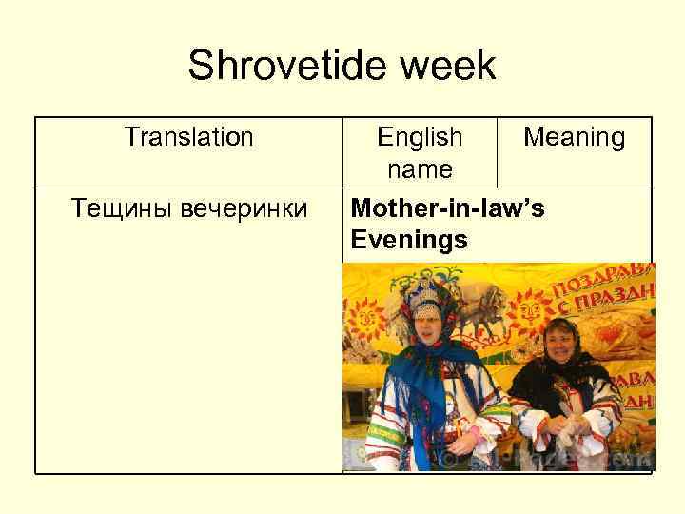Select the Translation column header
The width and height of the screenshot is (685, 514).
point(189,138)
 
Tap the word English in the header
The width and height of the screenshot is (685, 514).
point(420,138)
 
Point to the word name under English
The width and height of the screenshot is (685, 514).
point(420,169)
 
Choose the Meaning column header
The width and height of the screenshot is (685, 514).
point(575,138)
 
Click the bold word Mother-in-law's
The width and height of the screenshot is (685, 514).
point(448,208)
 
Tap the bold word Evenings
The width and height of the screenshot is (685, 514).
point(409,239)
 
